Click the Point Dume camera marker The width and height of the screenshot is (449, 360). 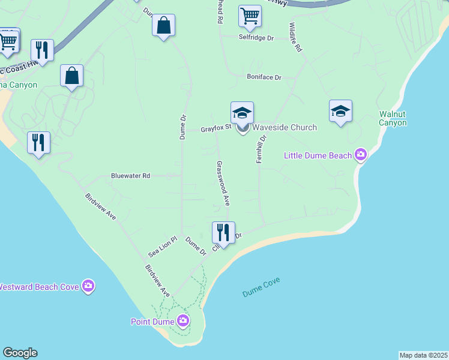182,321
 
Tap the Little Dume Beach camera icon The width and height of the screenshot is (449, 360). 360,155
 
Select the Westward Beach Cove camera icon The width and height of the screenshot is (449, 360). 88,286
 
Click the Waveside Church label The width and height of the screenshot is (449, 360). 284,127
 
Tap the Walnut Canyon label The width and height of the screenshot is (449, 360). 393,118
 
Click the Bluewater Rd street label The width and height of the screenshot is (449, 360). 130,176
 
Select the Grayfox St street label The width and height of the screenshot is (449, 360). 215,128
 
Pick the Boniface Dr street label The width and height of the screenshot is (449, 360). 264,77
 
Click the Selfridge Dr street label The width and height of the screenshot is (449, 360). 256,38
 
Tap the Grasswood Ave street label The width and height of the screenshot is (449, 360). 223,183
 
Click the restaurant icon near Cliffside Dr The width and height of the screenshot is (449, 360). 223,232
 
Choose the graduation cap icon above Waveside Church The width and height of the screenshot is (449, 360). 242,112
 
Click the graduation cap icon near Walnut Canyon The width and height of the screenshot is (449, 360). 340,110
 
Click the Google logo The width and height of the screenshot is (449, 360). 20,353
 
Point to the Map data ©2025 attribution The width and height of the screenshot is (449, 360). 423,355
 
